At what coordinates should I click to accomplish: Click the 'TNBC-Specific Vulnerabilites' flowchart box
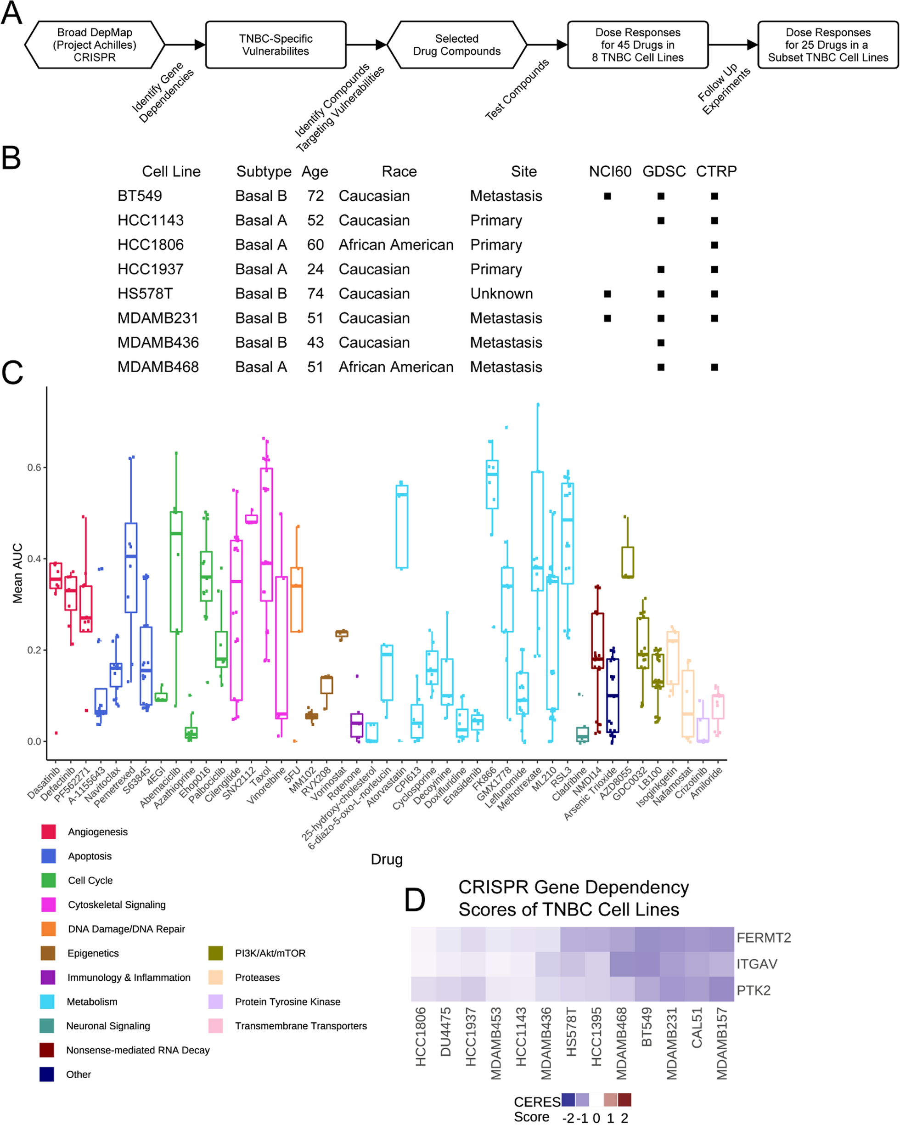pyautogui.click(x=276, y=45)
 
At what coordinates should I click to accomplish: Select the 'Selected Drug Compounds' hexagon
pyautogui.click(x=456, y=45)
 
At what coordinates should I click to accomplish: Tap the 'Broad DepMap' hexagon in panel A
pyautogui.click(x=95, y=45)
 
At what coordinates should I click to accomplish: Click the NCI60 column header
pyautogui.click(x=609, y=172)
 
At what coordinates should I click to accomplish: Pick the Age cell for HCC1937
pyautogui.click(x=315, y=269)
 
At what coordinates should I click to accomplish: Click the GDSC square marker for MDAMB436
pyautogui.click(x=661, y=343)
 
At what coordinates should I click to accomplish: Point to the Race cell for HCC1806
pyautogui.click(x=396, y=245)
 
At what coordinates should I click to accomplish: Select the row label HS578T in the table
pyautogui.click(x=145, y=294)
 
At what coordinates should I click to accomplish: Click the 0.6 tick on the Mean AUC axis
pyautogui.click(x=34, y=468)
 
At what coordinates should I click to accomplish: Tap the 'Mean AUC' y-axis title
pyautogui.click(x=18, y=573)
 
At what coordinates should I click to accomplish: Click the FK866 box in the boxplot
pyautogui.click(x=492, y=484)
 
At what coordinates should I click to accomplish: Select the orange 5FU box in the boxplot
pyautogui.click(x=297, y=599)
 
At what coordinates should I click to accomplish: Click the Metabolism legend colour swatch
pyautogui.click(x=47, y=1001)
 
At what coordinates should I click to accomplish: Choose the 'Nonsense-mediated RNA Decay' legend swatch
pyautogui.click(x=47, y=1050)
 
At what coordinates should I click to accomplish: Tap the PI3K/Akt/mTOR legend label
pyautogui.click(x=270, y=953)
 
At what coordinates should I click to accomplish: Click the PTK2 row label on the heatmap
pyautogui.click(x=753, y=990)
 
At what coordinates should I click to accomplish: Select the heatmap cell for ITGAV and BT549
pyautogui.click(x=647, y=964)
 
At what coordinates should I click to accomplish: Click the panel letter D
pyautogui.click(x=415, y=900)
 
